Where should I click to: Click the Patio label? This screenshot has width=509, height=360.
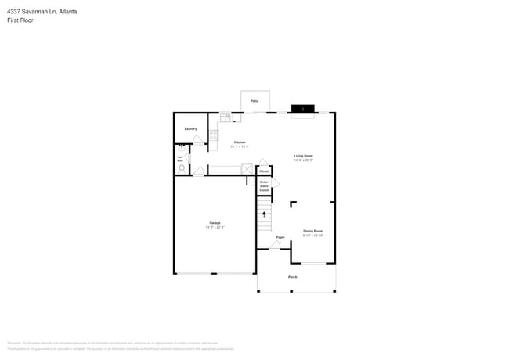(x=254, y=102)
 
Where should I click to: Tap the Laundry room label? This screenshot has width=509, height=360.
(x=190, y=129)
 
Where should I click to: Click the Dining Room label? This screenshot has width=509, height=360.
(x=313, y=231)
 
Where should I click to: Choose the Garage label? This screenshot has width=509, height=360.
(x=215, y=223)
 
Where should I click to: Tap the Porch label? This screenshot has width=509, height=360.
(x=293, y=277)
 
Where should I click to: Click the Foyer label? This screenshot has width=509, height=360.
(x=280, y=236)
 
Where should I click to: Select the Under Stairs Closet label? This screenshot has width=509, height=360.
(x=265, y=187)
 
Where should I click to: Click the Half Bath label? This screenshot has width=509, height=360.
(x=179, y=158)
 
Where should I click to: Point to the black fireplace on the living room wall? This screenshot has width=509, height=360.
(x=302, y=109)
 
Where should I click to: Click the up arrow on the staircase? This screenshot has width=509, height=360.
(x=264, y=213)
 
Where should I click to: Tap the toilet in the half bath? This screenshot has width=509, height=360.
(x=182, y=167)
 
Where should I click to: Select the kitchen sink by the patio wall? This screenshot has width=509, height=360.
(x=226, y=118)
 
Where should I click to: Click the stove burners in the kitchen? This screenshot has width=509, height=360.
(x=213, y=135)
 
